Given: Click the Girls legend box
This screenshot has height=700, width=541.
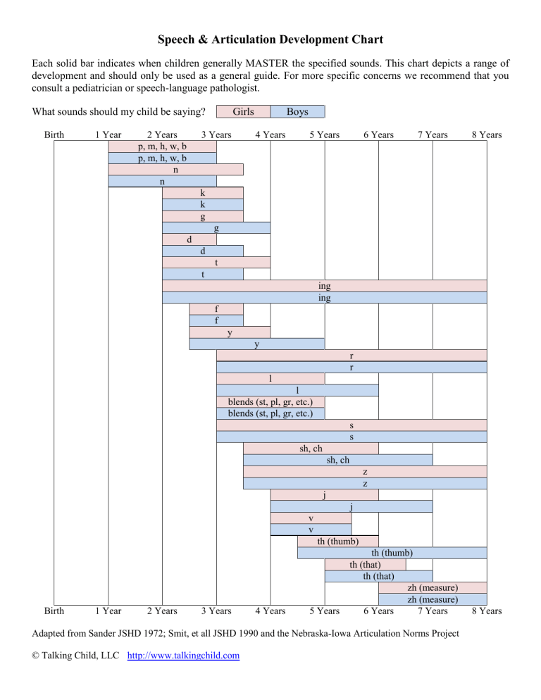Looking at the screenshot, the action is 244,111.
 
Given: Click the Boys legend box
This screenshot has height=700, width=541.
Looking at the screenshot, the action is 297,111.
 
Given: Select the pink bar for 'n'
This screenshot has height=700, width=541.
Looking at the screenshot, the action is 175,170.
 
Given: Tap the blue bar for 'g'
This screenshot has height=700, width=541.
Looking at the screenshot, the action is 216,227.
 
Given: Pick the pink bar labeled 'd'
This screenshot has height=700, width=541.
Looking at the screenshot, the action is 189,239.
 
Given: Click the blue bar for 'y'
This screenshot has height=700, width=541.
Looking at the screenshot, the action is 257,344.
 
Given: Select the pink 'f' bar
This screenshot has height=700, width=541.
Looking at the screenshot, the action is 216,309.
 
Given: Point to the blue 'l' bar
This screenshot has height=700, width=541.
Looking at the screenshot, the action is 297,390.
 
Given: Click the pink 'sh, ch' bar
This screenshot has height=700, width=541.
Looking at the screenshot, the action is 311,448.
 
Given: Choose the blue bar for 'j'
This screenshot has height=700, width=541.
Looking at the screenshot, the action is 352,506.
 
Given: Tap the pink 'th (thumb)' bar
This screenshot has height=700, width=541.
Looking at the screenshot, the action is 338,541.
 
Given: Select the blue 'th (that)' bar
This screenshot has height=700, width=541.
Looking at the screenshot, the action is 379,576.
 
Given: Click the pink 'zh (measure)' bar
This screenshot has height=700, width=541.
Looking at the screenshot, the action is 433,587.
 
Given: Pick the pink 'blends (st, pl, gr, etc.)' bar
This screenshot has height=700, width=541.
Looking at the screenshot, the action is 270,402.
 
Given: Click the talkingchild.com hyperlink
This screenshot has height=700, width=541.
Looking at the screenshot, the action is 183,656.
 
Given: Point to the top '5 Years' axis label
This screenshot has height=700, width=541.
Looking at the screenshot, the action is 325,135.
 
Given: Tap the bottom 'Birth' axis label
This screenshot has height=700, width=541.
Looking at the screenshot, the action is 54,611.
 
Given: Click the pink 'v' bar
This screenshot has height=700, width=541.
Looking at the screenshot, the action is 311,518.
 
